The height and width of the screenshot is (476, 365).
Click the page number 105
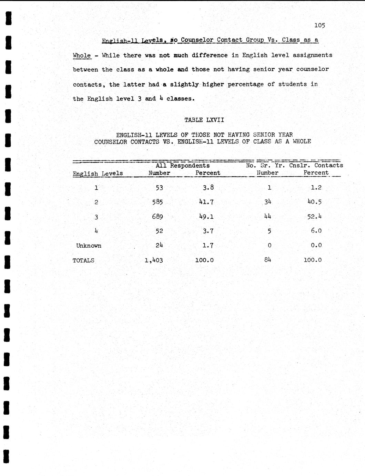(x=320, y=25)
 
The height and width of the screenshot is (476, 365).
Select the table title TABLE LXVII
(x=204, y=120)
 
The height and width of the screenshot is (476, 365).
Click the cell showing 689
(x=157, y=217)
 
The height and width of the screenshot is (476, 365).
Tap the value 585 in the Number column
(x=157, y=202)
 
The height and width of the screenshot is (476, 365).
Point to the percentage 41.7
(x=206, y=202)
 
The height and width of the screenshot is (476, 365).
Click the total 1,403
(x=154, y=260)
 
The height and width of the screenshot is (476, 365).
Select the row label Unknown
(x=89, y=246)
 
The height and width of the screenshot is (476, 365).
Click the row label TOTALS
(x=83, y=260)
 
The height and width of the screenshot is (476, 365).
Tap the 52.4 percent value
(x=314, y=217)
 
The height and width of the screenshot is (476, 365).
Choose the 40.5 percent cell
(x=314, y=202)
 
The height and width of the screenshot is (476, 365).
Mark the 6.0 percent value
(x=316, y=231)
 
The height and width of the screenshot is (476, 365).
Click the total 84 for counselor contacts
(x=268, y=260)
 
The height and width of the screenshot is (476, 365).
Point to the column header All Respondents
(x=182, y=166)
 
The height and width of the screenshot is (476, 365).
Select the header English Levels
(x=98, y=173)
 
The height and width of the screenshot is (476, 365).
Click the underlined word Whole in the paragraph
(x=82, y=56)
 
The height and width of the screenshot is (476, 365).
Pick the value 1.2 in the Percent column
(x=316, y=188)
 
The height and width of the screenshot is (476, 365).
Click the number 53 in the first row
(x=159, y=188)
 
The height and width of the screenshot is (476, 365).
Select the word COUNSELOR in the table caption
(x=110, y=141)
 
